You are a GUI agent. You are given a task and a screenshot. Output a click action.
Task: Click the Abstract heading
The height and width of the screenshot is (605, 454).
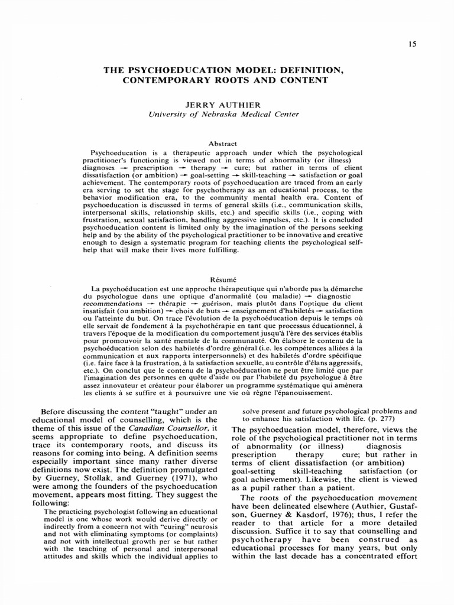[x=223, y=144]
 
